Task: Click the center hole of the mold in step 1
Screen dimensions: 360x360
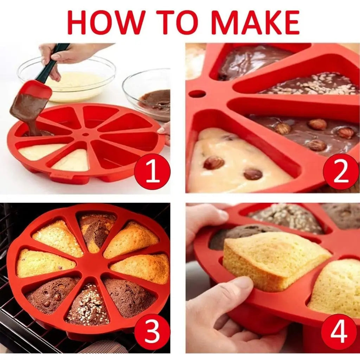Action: tap(85, 135)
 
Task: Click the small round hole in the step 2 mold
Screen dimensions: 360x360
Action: tap(197, 94)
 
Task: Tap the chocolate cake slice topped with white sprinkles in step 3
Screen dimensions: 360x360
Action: tap(88, 306)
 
